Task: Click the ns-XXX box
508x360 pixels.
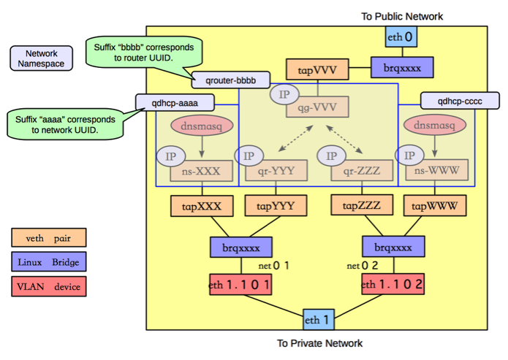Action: point(201,173)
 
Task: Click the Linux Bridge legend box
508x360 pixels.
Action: point(48,261)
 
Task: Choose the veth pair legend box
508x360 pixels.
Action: point(48,237)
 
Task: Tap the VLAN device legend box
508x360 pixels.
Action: point(48,286)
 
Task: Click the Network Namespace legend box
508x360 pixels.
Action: point(41,58)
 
